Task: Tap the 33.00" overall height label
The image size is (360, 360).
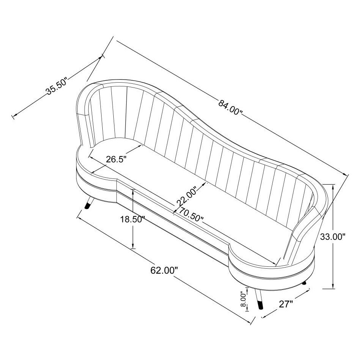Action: [333, 237]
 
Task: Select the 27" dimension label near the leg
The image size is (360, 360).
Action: [286, 304]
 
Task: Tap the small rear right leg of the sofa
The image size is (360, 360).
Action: [304, 283]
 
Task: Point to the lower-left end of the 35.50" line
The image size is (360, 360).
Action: [14, 116]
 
